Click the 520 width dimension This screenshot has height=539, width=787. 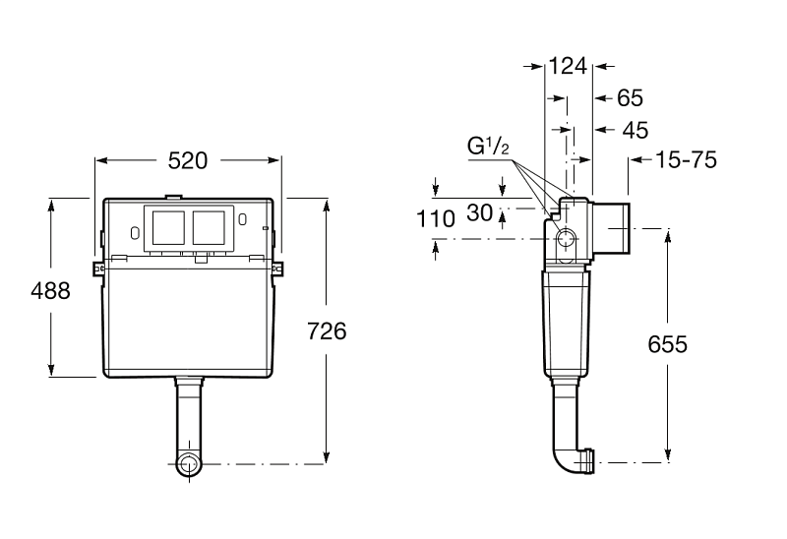(187, 160)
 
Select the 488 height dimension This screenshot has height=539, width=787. (51, 290)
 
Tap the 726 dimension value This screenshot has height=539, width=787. (327, 331)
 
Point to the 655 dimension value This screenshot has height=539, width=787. (668, 344)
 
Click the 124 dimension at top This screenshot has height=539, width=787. (568, 66)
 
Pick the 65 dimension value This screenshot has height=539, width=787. (630, 97)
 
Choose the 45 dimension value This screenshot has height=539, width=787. (636, 130)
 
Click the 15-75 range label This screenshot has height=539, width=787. (687, 160)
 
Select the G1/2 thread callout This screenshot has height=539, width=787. (488, 147)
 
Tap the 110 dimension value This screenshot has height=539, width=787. (436, 219)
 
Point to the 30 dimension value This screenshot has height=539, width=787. (480, 212)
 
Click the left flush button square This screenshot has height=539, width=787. (168, 228)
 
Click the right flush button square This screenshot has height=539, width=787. (209, 228)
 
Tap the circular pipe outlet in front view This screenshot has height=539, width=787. (189, 464)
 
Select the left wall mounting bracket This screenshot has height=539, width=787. (99, 269)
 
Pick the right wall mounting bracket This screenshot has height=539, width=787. (277, 269)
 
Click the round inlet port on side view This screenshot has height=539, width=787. (567, 239)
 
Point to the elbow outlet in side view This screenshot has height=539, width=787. (575, 459)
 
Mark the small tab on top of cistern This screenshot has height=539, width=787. (174, 197)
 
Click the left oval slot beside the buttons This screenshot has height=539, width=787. (134, 233)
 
